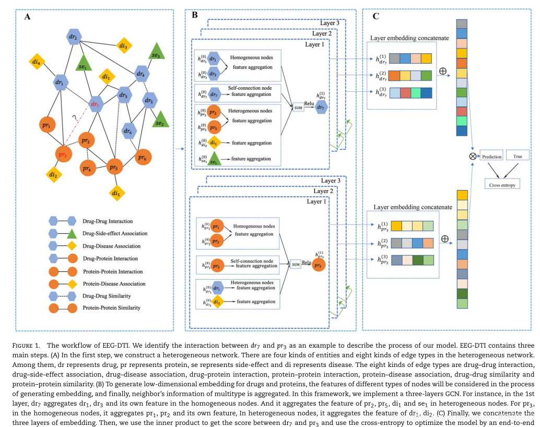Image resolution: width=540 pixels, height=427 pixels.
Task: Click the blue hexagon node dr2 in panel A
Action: (x=74, y=38)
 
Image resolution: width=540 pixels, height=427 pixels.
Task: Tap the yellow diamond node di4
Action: (x=36, y=62)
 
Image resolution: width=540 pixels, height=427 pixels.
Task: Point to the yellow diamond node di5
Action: (x=116, y=194)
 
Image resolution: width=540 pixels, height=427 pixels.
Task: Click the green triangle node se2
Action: (x=159, y=121)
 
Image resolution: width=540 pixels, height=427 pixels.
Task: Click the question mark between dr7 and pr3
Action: (x=75, y=118)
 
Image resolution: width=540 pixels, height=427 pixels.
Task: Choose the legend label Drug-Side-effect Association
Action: (x=114, y=233)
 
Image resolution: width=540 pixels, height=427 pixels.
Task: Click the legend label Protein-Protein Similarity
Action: (x=111, y=308)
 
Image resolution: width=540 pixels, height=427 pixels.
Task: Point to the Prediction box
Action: (x=491, y=156)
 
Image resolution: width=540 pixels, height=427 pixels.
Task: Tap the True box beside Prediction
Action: (x=517, y=156)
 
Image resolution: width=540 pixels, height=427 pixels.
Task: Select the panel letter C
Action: (x=375, y=17)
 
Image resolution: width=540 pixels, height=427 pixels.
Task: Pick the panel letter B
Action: (x=194, y=15)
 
